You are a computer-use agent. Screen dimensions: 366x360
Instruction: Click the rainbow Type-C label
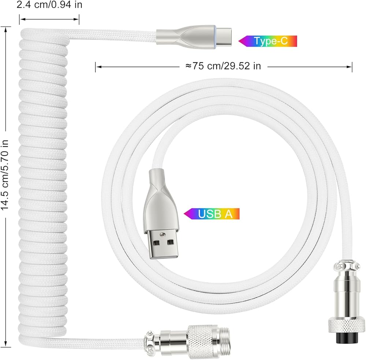pos(268,41)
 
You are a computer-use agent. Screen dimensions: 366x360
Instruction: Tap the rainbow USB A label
pos(212,214)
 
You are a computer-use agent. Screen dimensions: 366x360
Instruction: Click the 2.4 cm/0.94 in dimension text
pos(49,5)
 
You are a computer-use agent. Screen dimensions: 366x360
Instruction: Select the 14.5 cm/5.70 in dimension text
pos(5,175)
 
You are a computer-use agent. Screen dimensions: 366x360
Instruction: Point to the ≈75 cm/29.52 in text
pos(223,66)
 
